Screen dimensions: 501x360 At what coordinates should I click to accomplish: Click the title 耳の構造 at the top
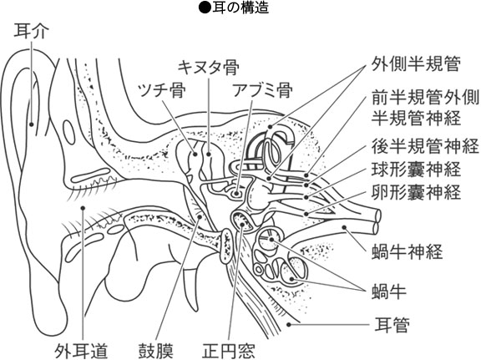[240, 8]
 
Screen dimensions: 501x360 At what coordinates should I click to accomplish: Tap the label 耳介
[31, 32]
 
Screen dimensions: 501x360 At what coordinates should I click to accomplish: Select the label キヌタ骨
[208, 68]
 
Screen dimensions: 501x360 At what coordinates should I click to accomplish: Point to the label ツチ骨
[161, 90]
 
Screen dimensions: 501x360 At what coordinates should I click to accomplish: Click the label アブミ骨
[262, 90]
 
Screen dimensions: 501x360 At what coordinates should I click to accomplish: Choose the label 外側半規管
[415, 64]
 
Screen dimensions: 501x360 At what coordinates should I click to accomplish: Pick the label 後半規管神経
[425, 146]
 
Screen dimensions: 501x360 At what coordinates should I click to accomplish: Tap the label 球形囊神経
[416, 170]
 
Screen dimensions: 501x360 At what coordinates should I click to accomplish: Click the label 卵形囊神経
[416, 192]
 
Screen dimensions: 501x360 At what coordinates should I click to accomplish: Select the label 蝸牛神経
[407, 251]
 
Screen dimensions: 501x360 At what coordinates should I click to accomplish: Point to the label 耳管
[392, 325]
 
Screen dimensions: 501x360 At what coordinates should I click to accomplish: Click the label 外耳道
[81, 351]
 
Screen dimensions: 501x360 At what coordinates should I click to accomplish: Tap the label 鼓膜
[155, 351]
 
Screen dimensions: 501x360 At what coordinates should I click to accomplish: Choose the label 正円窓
[229, 351]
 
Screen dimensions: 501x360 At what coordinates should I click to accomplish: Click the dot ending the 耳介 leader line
[32, 124]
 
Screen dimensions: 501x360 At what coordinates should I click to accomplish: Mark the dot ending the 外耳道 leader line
[83, 208]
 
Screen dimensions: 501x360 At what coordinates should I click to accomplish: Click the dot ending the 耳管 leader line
[289, 325]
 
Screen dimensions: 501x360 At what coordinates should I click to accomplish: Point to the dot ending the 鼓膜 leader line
[200, 217]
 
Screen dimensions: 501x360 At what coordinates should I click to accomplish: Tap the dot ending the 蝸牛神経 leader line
[344, 228]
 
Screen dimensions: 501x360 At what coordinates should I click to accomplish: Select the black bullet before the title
[205, 8]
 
